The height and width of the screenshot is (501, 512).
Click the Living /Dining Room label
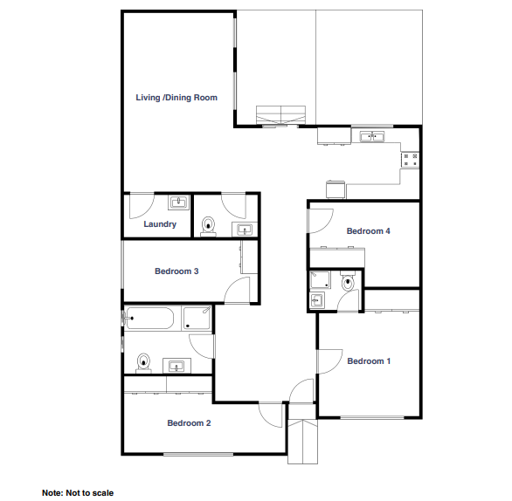point(176,98)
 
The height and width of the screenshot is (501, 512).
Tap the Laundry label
point(160,224)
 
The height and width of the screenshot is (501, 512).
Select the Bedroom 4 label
point(369,231)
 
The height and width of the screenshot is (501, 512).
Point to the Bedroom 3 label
point(176,271)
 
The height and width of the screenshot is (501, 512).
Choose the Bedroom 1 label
point(369,361)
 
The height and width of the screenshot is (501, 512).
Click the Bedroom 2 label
point(189,423)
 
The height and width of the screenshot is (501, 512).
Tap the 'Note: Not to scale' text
point(78,493)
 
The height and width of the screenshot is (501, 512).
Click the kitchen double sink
point(372,136)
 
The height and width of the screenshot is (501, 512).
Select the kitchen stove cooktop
point(410,160)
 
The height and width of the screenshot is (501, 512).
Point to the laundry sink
point(178,202)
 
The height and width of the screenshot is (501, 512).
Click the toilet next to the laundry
point(208,226)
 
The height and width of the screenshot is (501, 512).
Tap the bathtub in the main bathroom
point(149,318)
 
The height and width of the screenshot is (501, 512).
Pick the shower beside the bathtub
point(197,318)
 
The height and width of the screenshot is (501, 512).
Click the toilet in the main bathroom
point(143,363)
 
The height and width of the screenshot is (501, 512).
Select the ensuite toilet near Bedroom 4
point(348,281)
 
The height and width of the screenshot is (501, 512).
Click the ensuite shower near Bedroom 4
point(320,279)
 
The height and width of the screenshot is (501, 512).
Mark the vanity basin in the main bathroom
point(176,366)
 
